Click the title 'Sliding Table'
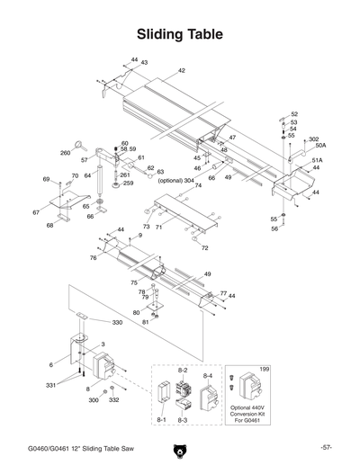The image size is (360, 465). [180, 34]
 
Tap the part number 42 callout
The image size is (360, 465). [181, 70]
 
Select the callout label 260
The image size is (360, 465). [66, 153]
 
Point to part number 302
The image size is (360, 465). [313, 139]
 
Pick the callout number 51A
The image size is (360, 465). [317, 160]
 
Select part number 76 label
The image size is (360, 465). [93, 258]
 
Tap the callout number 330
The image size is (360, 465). [117, 322]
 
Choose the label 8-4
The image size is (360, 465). [208, 373]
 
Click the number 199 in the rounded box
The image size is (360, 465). [264, 370]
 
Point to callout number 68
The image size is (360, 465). [50, 226]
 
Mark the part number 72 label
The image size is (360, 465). [204, 247]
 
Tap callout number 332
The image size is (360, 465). [113, 398]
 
